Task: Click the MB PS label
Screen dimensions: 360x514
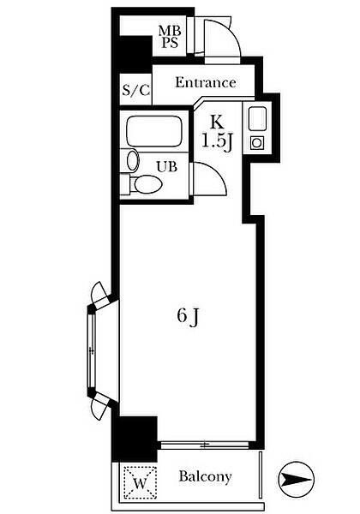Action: [170, 37]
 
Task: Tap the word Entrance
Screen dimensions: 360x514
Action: [206, 82]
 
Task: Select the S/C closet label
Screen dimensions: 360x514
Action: [135, 89]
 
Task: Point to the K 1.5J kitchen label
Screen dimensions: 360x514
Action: [217, 134]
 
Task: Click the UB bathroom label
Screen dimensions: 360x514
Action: [167, 167]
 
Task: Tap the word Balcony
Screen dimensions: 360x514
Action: [205, 476]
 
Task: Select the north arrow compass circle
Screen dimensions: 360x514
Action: [296, 479]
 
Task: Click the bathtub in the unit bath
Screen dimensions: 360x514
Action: [153, 131]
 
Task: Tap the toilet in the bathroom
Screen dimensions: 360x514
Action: [144, 184]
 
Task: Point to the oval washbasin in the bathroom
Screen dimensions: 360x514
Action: [133, 160]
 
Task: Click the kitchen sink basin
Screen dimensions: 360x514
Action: [257, 119]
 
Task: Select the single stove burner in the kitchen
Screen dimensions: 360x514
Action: [257, 143]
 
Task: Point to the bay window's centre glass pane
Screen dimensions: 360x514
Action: [92, 350]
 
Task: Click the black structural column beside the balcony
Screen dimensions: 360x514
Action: [135, 439]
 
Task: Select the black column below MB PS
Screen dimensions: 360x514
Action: [132, 54]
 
